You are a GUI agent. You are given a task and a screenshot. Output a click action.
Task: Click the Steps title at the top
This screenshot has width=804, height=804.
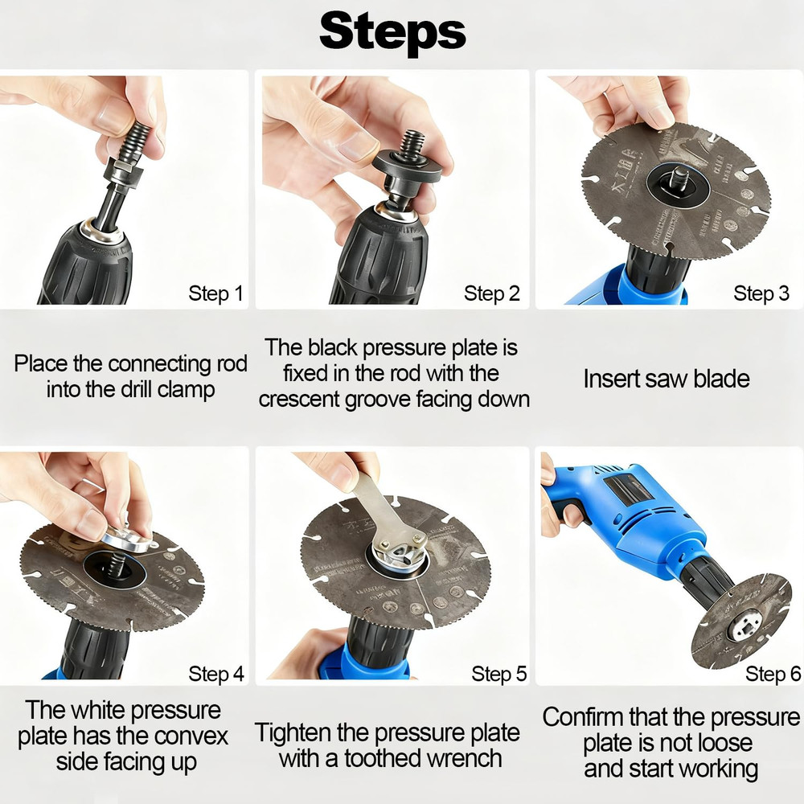pyautogui.click(x=392, y=32)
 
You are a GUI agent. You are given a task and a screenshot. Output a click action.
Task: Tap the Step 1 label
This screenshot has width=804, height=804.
pyautogui.click(x=215, y=293)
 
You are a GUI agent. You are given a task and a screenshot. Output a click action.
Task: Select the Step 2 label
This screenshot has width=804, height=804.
pyautogui.click(x=491, y=293)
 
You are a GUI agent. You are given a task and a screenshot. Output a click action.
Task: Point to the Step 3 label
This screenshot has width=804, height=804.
pyautogui.click(x=761, y=293)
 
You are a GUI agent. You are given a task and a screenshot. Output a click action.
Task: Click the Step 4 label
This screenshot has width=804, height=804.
pyautogui.click(x=215, y=674)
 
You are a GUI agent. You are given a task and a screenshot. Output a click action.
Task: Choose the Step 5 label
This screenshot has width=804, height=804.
pyautogui.click(x=498, y=674)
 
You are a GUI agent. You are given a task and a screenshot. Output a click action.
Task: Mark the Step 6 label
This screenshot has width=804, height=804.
pyautogui.click(x=773, y=674)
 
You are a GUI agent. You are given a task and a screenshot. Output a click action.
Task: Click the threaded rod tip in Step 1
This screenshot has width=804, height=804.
pyautogui.click(x=137, y=133)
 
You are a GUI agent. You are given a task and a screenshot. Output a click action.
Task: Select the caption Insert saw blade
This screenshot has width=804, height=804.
pyautogui.click(x=666, y=378)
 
